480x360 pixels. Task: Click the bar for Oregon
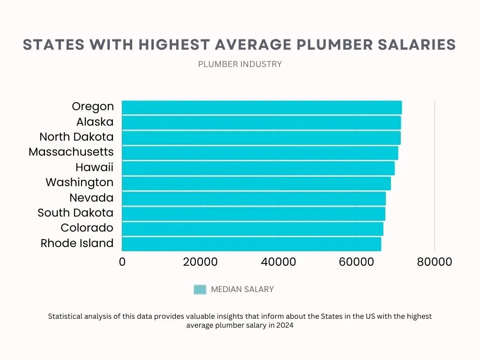(x=262, y=107)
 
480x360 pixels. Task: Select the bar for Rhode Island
(x=251, y=244)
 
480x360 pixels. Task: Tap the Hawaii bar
(x=258, y=168)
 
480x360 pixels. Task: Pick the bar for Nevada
(x=254, y=198)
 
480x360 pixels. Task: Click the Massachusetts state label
(x=71, y=152)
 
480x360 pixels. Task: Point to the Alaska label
(x=95, y=122)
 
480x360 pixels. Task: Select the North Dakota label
(x=76, y=137)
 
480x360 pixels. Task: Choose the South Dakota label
(x=75, y=213)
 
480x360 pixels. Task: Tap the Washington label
(x=80, y=182)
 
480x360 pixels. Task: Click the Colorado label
(x=87, y=228)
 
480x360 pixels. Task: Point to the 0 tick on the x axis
(x=122, y=262)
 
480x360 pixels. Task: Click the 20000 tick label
(x=200, y=262)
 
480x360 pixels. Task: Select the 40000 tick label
(x=278, y=262)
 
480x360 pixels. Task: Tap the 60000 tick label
(x=356, y=262)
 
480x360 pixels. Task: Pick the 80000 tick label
(x=435, y=262)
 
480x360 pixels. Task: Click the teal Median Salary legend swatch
(x=200, y=289)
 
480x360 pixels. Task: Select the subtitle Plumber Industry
(x=240, y=64)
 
